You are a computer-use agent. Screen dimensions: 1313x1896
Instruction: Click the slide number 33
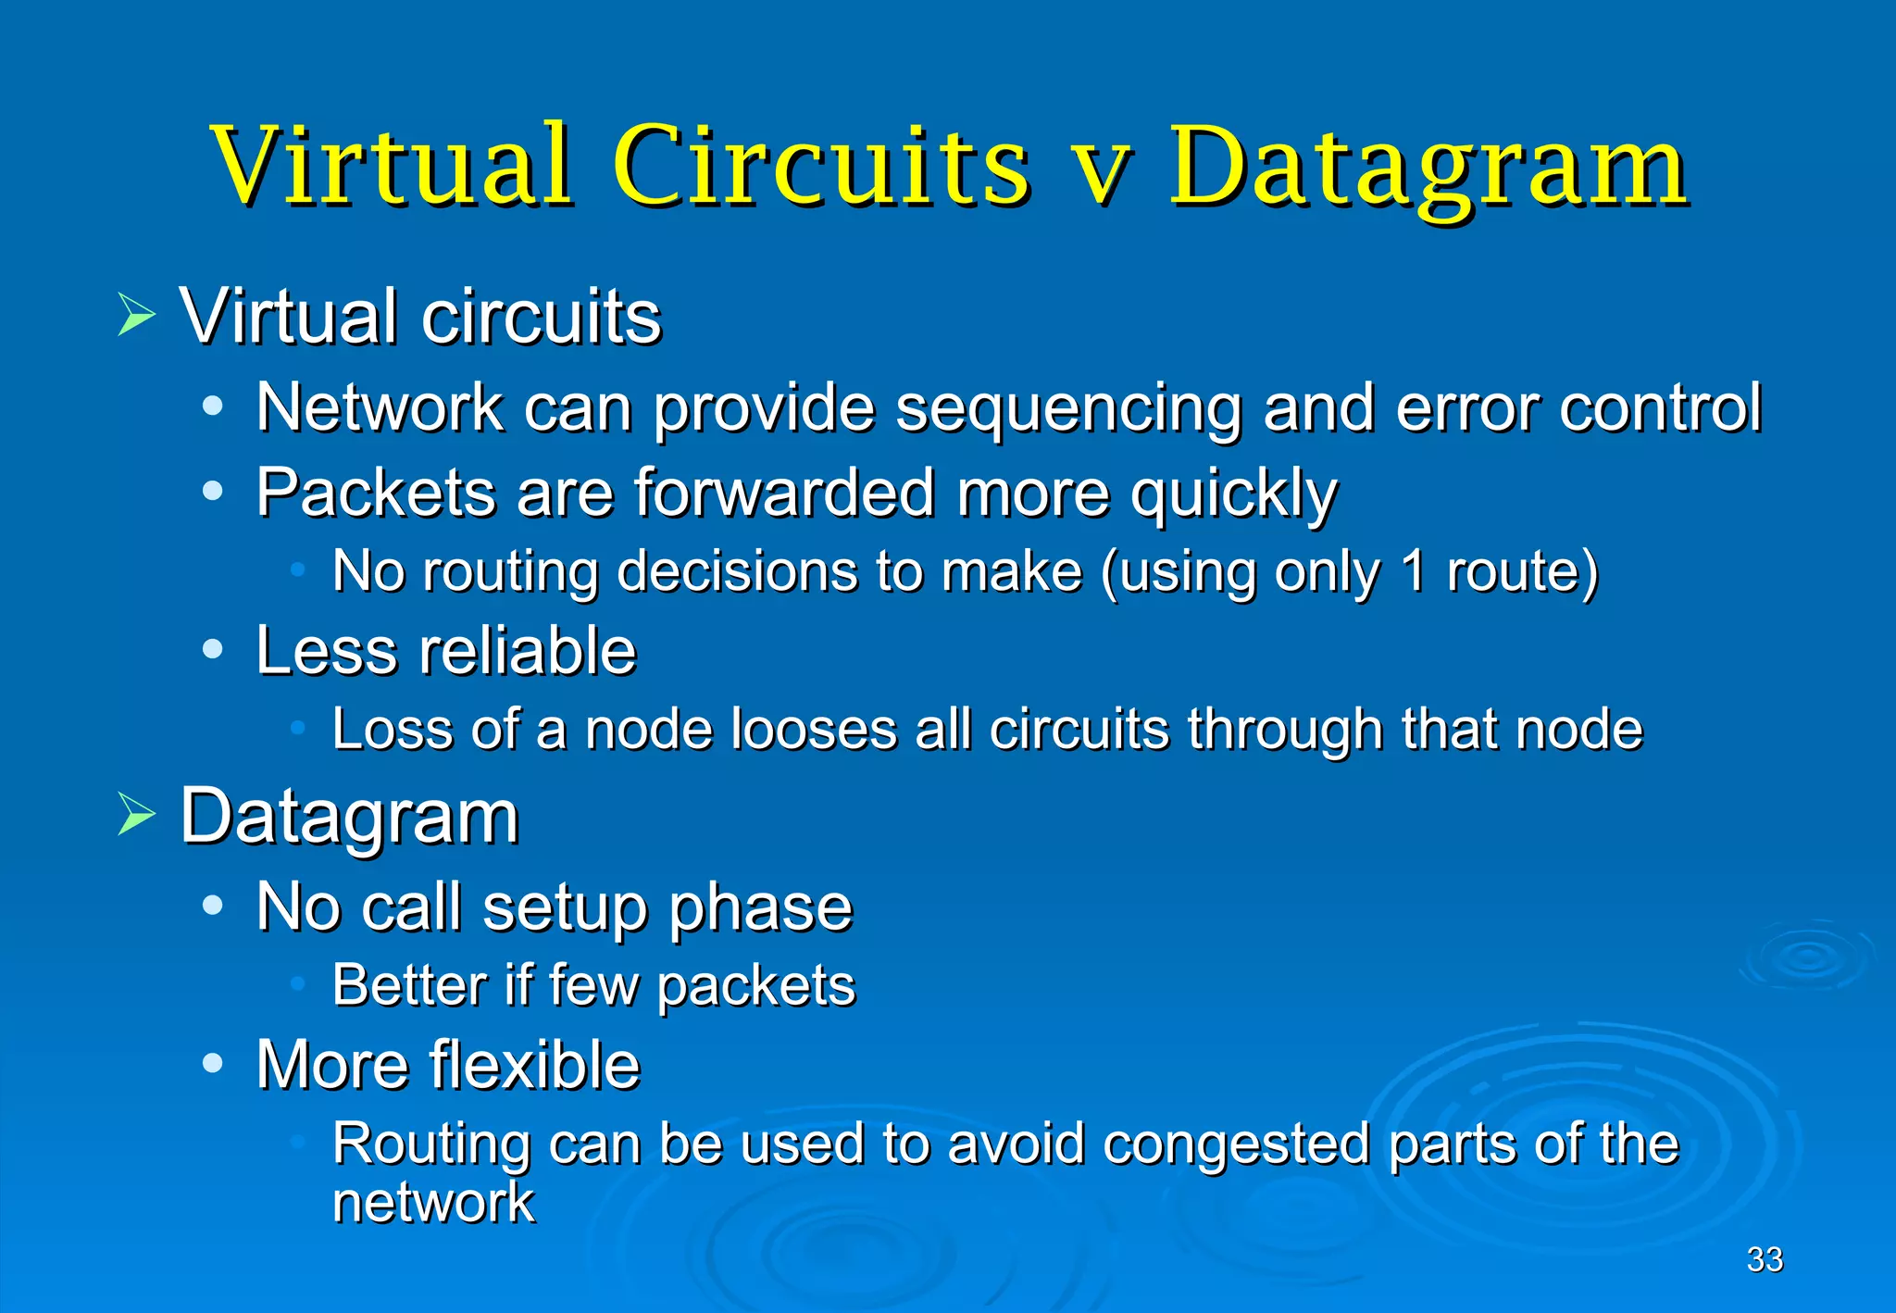tap(1764, 1259)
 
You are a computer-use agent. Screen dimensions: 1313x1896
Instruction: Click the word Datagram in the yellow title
tap(1428, 167)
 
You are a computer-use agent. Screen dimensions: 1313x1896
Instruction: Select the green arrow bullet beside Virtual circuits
tap(137, 316)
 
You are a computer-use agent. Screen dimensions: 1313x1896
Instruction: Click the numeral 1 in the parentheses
tap(1413, 571)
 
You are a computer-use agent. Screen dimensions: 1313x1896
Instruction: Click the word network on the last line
tap(433, 1203)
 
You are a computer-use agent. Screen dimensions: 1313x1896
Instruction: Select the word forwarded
tap(783, 493)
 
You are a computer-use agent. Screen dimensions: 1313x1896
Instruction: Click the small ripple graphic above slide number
tap(1806, 959)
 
